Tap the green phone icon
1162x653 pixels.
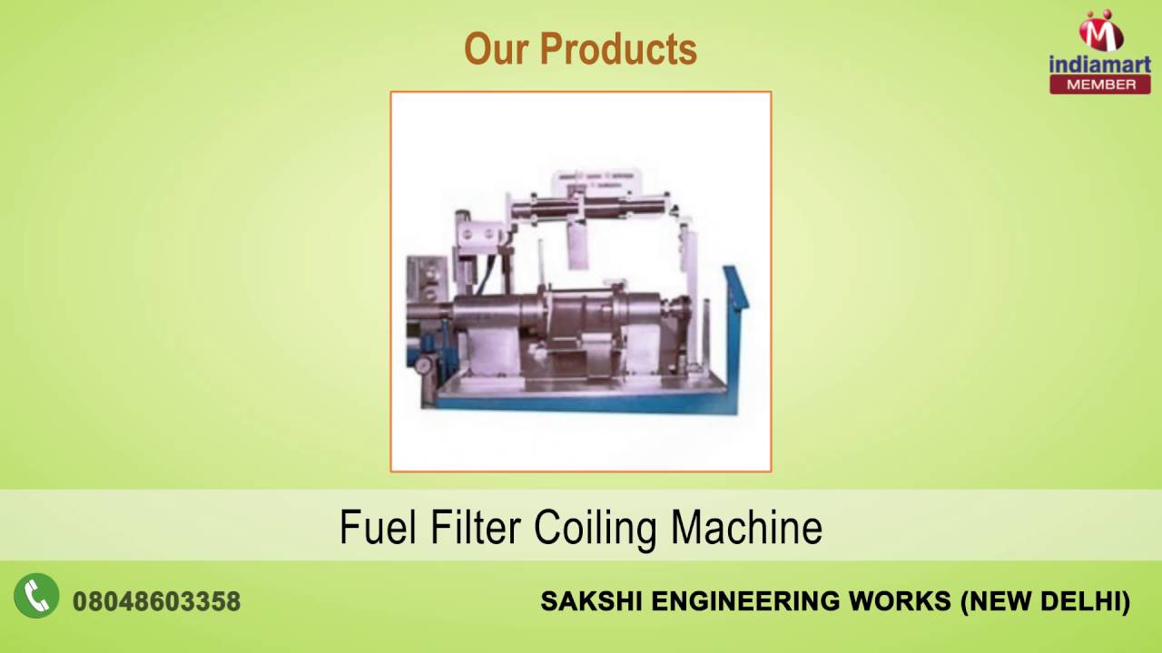36,597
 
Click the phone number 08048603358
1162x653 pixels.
156,601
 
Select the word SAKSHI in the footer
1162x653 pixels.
590,601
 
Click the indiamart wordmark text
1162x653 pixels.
1099,63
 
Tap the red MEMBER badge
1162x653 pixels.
1099,84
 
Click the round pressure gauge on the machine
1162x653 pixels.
422,365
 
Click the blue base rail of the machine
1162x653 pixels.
581,404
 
